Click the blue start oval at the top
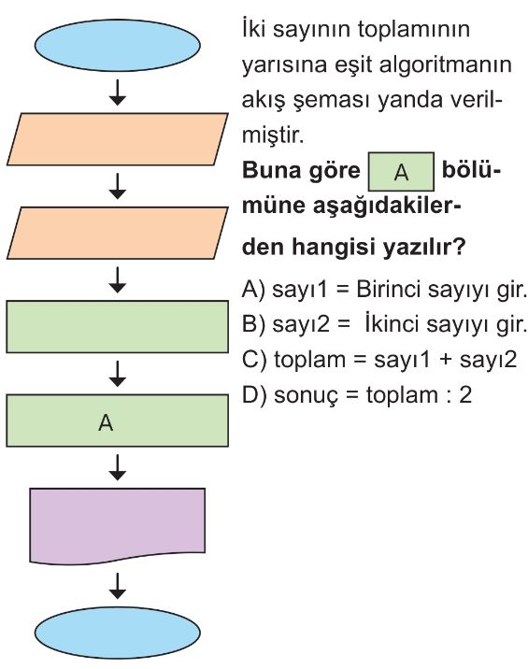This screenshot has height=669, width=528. click(x=118, y=45)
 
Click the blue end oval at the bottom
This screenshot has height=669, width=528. click(x=118, y=633)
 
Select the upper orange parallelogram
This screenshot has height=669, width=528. click(x=118, y=139)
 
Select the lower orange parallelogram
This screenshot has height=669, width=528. click(x=118, y=233)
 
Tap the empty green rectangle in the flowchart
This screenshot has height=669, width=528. click(x=118, y=327)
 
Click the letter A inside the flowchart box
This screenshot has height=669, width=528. click(x=106, y=423)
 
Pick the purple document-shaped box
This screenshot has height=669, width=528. click(x=118, y=526)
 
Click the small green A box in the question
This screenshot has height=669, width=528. click(x=401, y=172)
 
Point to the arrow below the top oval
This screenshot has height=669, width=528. click(x=118, y=92)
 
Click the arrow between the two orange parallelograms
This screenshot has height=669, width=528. click(x=118, y=186)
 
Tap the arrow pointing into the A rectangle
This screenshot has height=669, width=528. click(x=118, y=374)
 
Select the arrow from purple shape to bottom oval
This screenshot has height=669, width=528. click(x=118, y=586)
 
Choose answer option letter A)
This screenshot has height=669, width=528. click(x=253, y=290)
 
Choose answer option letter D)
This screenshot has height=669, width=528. click(x=254, y=395)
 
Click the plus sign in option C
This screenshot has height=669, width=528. click(x=445, y=360)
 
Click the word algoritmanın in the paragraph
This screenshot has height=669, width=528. click(x=445, y=65)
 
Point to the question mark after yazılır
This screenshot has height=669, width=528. click(x=459, y=246)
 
